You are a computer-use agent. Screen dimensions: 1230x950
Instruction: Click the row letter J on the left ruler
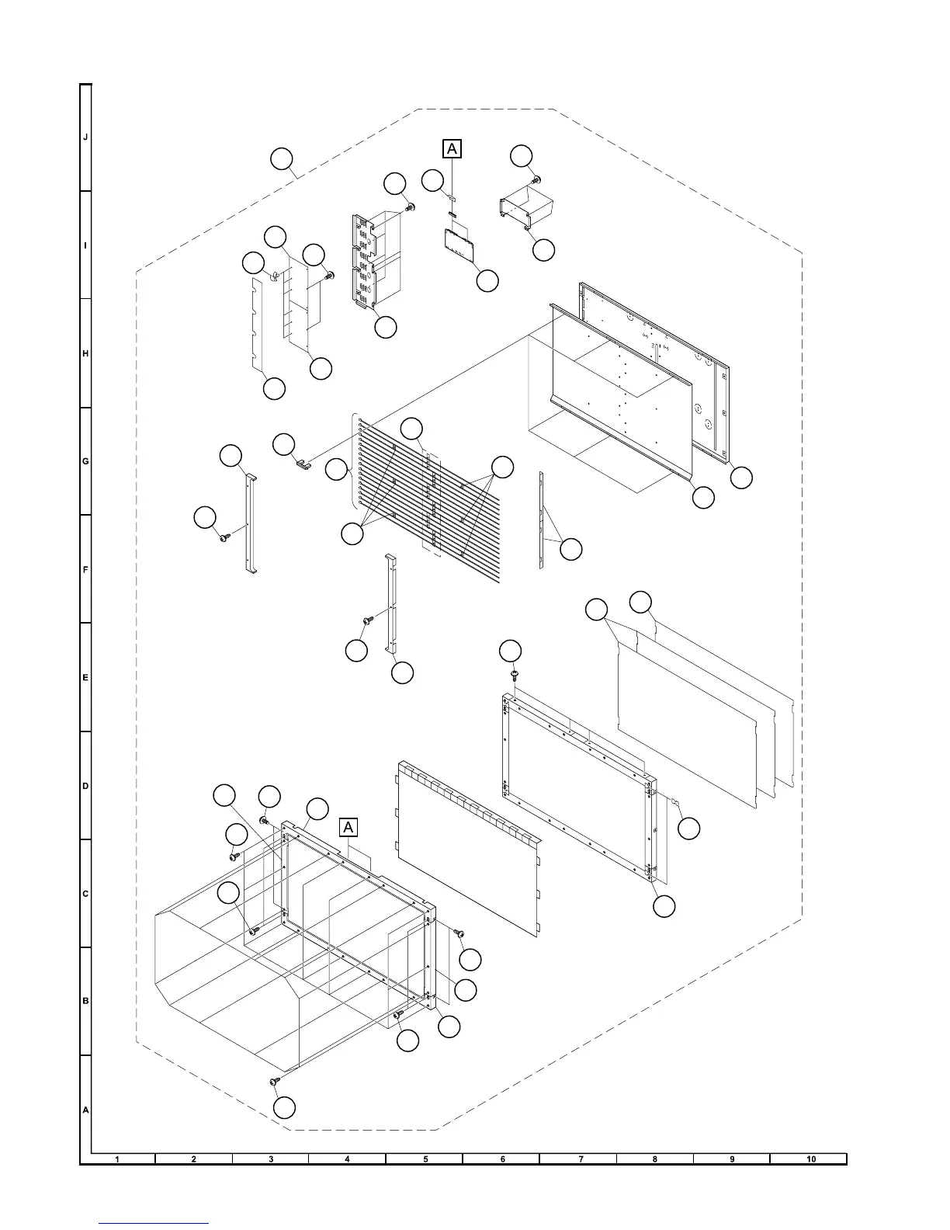85,137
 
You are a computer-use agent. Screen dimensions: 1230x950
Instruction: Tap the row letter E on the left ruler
85,678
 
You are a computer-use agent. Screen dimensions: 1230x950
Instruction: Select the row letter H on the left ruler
85,354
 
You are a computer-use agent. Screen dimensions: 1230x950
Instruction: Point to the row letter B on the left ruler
85,1001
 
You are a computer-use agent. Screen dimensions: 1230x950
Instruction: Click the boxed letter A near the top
452,148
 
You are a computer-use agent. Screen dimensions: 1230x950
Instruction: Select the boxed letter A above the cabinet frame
348,827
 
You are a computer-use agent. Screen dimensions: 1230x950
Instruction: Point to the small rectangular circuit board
459,245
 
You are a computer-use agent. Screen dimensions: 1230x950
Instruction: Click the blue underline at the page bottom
154,1223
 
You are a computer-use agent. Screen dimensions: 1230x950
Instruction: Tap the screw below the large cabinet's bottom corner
273,1081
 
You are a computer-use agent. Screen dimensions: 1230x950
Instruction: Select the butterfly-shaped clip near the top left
275,274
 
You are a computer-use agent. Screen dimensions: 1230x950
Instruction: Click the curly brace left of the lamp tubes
355,462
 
